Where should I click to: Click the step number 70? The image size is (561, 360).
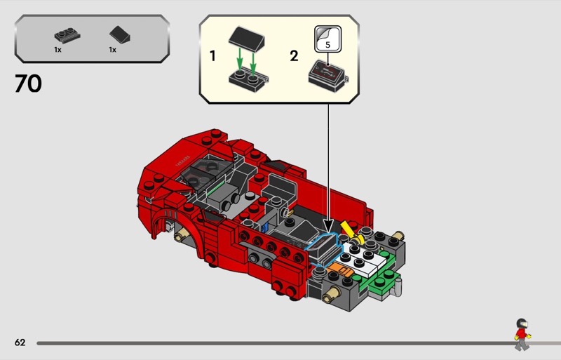[28, 84]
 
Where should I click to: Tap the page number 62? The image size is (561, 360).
[20, 342]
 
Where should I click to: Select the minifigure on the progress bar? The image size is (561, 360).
[522, 334]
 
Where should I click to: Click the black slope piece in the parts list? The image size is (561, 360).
[120, 35]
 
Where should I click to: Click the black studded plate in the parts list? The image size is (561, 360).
[67, 35]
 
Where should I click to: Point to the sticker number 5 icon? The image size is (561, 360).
[327, 39]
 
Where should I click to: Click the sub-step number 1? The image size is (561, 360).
[212, 56]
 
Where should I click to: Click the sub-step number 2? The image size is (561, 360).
[294, 56]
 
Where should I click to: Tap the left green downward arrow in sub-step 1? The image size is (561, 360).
[240, 60]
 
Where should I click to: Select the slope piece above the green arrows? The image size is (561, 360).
[247, 39]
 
